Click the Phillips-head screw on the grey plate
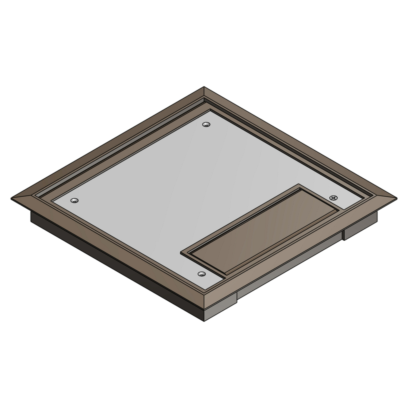(334, 198)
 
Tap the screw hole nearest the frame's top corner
(206, 124)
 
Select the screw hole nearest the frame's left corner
(74, 201)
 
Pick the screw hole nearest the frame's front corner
(201, 274)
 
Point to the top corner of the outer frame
(204, 87)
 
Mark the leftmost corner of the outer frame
(12, 198)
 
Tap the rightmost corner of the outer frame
(396, 198)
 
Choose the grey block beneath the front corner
(220, 308)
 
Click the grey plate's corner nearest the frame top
(211, 111)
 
